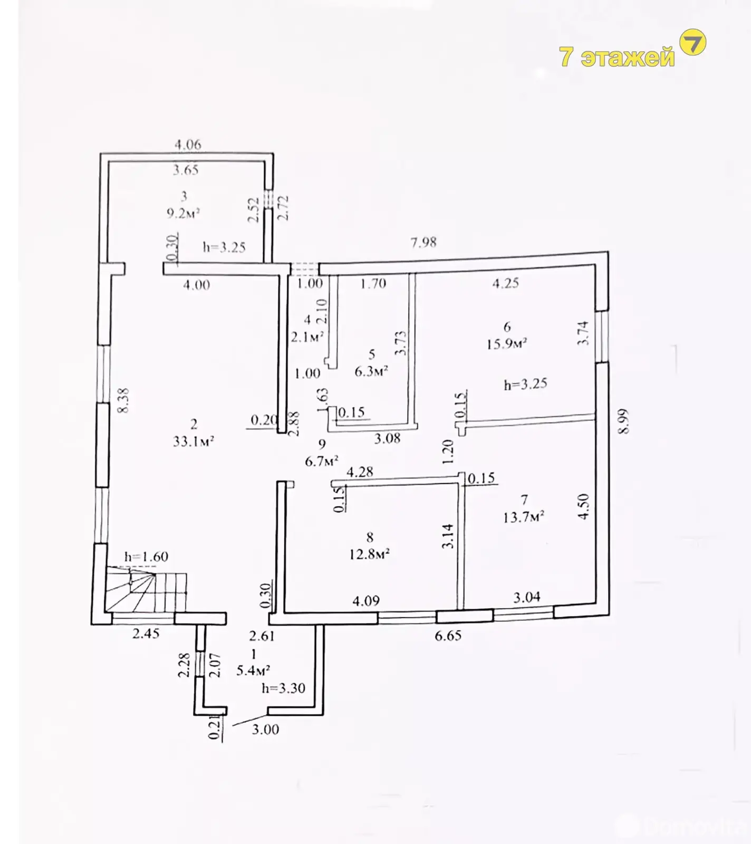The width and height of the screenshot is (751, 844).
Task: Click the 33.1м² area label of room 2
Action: coord(193,441)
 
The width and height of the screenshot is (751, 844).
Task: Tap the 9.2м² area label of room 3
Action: coord(183,214)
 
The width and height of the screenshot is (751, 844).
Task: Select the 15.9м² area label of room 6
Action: coord(507,344)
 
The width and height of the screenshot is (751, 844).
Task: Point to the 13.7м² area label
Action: coord(523,517)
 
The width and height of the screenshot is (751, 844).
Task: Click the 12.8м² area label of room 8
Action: coord(369,554)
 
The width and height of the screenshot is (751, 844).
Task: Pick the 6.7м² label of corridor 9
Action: coord(321,462)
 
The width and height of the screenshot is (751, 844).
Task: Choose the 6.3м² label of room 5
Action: coord(371,371)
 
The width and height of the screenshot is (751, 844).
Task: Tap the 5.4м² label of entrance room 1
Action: coord(253,670)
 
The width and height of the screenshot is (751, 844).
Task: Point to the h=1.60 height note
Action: coord(146,557)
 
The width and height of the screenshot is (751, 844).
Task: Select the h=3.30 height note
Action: coord(283,688)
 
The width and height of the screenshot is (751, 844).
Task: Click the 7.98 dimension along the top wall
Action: coord(423,242)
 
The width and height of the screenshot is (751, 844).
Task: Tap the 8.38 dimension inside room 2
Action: coord(124,400)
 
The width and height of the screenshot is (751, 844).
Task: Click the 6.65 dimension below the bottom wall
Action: coord(448,636)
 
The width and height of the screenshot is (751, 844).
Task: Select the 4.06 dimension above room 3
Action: coord(188,144)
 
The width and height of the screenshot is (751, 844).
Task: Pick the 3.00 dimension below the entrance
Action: coord(265,730)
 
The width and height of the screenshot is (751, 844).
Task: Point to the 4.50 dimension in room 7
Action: coord(583,506)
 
